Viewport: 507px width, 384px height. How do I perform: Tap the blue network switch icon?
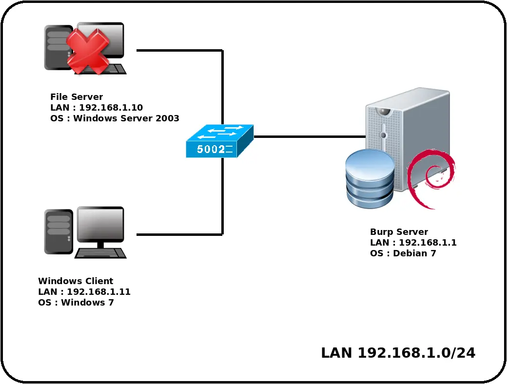pos(220,141)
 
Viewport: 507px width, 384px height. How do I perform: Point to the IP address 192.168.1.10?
pos(111,108)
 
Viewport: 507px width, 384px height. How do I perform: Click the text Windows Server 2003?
pos(126,118)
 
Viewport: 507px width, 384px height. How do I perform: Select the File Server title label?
pos(77,97)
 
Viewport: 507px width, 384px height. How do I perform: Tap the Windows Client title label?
pos(76,281)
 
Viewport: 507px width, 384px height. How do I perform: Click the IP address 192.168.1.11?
pos(98,292)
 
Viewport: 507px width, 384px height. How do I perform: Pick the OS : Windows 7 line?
pos(76,303)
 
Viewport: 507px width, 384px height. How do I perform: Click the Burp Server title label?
pos(399,232)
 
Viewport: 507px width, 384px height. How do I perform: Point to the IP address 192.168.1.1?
pos(428,243)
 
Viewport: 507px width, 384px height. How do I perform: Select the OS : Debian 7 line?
pos(403,253)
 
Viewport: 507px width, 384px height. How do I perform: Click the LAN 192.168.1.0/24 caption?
pos(398,353)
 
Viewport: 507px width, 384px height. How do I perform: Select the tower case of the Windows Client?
pos(58,231)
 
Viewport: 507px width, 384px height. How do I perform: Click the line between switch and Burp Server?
pos(310,137)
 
